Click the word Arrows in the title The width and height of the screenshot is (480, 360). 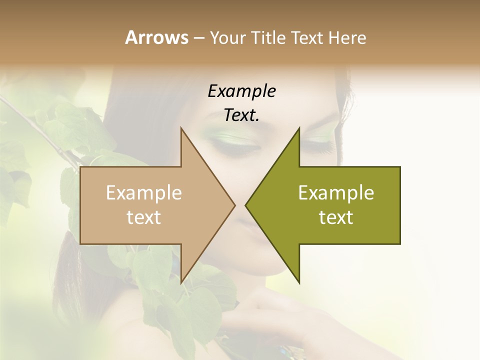[156, 37]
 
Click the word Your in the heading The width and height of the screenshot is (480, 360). [226, 38]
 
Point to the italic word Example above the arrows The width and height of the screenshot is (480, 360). [241, 91]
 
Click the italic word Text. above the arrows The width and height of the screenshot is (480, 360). [241, 115]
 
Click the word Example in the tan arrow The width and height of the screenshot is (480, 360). [144, 193]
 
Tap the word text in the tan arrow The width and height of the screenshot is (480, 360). [144, 217]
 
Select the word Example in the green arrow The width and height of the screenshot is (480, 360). [336, 193]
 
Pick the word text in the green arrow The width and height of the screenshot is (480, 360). [336, 217]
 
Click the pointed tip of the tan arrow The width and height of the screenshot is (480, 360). [234, 205]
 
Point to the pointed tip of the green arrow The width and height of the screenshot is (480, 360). [246, 205]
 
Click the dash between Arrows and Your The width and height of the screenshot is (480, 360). [198, 38]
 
